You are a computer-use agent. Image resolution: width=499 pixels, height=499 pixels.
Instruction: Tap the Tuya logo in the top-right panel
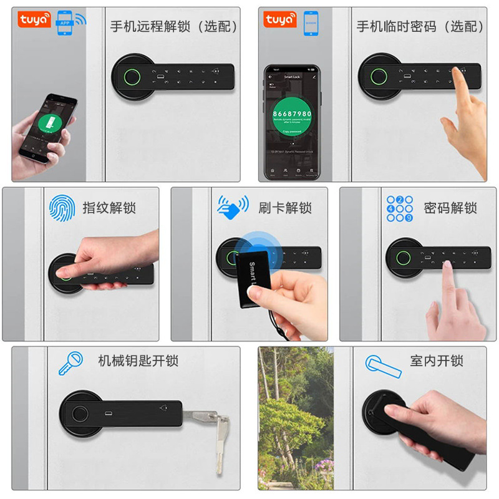[x=280, y=19]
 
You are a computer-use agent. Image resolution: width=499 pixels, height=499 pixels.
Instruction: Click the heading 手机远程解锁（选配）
[x=174, y=27]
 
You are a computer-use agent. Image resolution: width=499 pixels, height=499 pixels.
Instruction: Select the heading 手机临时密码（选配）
[x=420, y=27]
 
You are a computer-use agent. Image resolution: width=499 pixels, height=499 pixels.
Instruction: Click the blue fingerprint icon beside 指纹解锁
[x=62, y=207]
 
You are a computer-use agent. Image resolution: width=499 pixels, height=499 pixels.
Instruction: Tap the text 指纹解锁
[x=109, y=208]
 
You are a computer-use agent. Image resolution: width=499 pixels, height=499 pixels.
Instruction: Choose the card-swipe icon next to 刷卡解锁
[x=233, y=206]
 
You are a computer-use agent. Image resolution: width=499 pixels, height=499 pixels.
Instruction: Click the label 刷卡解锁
[x=285, y=208]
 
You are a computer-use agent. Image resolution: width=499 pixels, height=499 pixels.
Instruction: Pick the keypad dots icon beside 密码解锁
[x=400, y=208]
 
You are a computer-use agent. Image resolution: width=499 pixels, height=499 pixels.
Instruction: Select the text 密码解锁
[x=450, y=208]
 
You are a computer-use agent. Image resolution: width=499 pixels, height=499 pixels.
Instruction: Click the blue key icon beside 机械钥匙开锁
[x=70, y=362]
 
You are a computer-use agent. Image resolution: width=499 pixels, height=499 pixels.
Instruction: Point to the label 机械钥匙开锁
[x=138, y=361]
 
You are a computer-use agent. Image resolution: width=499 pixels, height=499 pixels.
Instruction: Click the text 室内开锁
[x=437, y=361]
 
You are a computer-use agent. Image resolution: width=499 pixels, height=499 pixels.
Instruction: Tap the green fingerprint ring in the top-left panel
[x=131, y=78]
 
